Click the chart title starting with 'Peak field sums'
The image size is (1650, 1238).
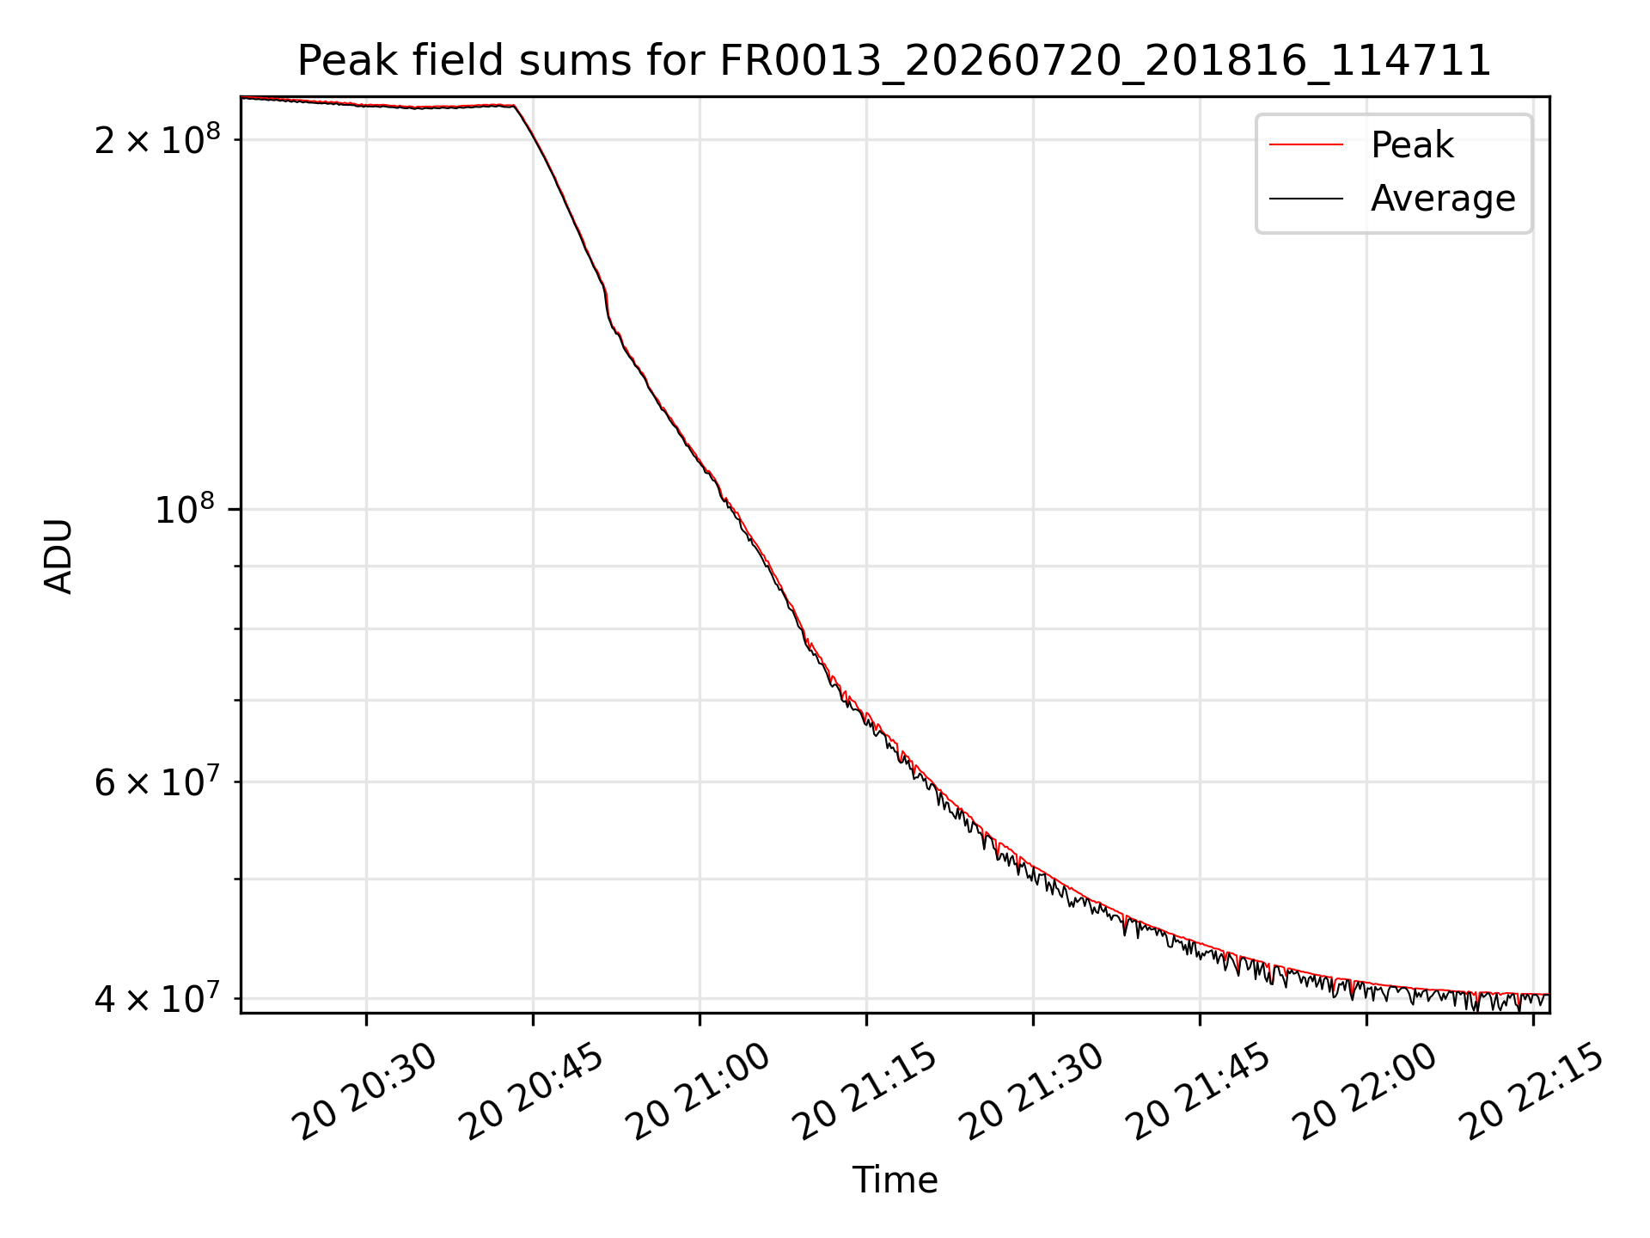tap(894, 61)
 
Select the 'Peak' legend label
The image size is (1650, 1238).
tap(1412, 144)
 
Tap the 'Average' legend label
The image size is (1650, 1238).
tap(1443, 199)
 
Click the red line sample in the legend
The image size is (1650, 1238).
tap(1306, 144)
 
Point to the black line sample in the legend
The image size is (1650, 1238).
tap(1306, 199)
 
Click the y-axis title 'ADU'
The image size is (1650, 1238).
tap(58, 555)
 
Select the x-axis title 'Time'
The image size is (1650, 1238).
tap(895, 1180)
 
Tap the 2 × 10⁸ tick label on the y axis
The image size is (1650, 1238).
tap(157, 140)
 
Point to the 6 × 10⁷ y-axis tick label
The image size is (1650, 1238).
tap(157, 782)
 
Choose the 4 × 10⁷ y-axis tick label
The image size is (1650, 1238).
tap(157, 999)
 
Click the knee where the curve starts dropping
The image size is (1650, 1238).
tap(514, 106)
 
